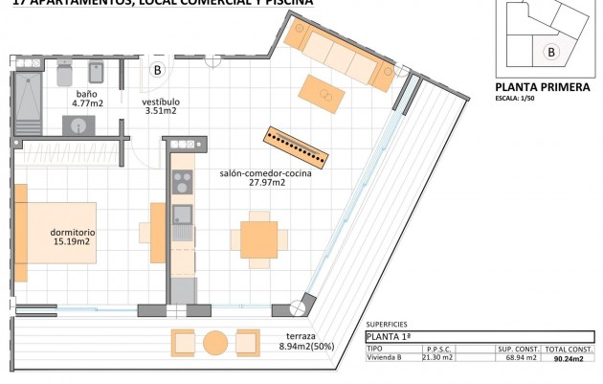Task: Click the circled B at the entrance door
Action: (x=158, y=70)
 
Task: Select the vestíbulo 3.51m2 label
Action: (x=160, y=106)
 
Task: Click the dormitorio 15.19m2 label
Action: (x=72, y=237)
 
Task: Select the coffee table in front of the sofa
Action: (x=321, y=94)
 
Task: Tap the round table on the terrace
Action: (x=215, y=342)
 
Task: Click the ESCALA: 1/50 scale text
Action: (x=517, y=98)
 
